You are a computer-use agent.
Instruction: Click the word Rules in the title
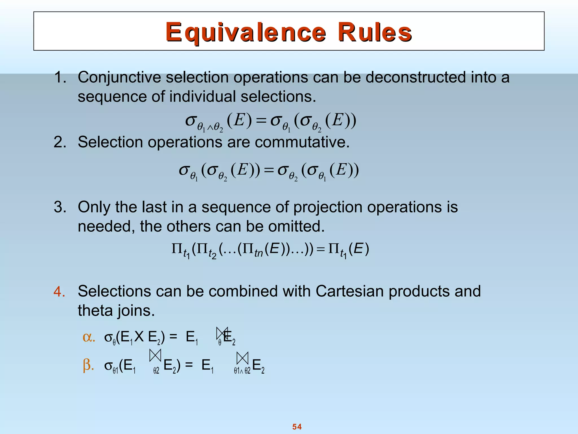point(375,32)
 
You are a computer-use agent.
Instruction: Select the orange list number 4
point(60,292)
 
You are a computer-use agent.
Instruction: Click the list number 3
point(60,207)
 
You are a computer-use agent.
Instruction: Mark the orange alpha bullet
point(89,337)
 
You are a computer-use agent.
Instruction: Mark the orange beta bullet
point(88,365)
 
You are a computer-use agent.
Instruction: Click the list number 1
point(60,77)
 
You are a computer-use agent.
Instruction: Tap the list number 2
point(60,142)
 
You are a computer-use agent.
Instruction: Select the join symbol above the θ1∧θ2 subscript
point(242,359)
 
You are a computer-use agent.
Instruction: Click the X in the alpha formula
point(139,337)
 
